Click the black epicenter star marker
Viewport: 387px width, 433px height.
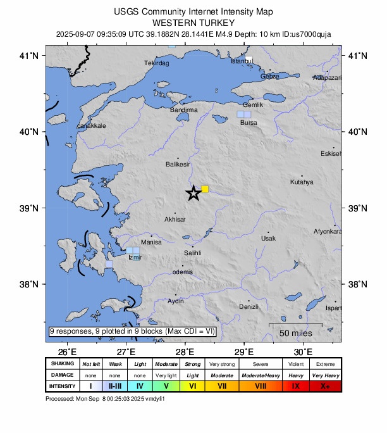193,194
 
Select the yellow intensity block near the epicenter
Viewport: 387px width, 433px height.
205,189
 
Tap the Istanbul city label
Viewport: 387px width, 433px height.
242,61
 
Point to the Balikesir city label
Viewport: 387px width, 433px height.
178,164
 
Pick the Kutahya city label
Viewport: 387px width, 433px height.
302,182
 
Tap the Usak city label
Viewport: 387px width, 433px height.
268,238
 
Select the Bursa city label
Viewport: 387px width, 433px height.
249,123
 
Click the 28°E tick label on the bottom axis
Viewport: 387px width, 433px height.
185,352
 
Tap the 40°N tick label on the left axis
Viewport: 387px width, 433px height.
30,132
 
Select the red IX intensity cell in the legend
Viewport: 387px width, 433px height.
296,386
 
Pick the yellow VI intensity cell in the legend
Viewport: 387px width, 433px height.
192,386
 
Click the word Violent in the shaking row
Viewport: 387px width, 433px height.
296,364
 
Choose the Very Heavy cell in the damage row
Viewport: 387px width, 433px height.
325,375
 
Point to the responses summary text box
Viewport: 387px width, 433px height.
133,331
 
